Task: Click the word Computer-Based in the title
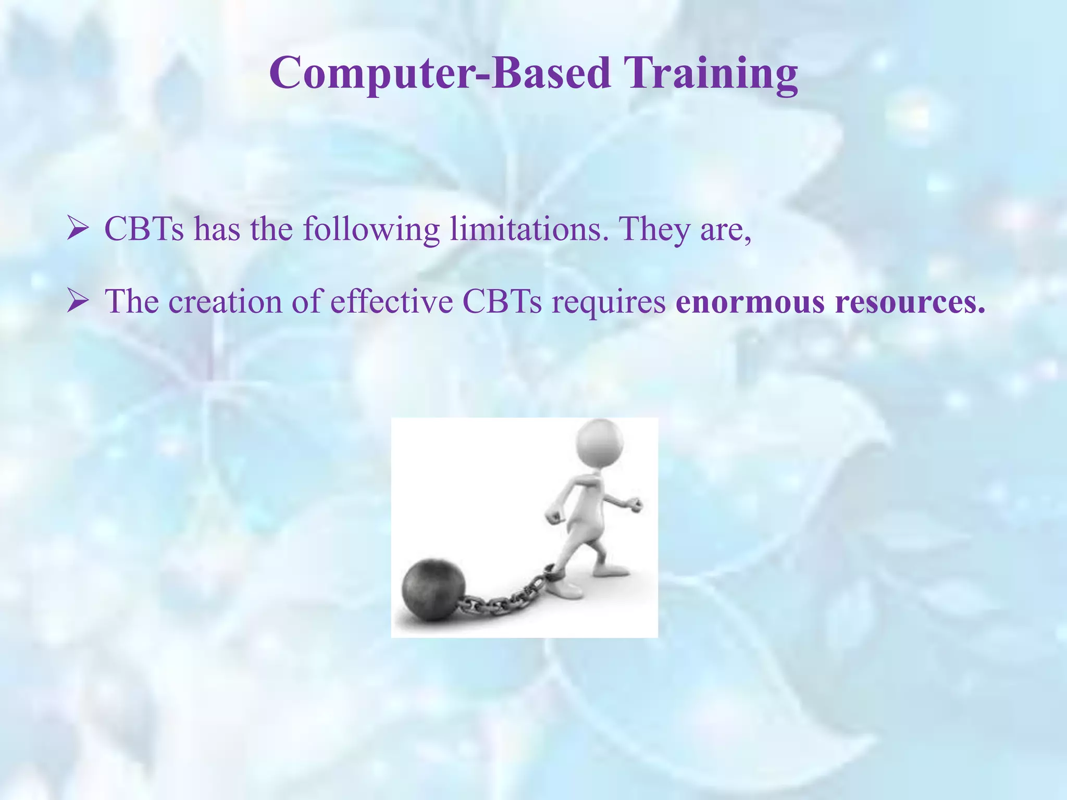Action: pyautogui.click(x=440, y=73)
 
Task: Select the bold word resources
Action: pyautogui.click(x=910, y=303)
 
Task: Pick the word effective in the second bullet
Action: pyautogui.click(x=391, y=302)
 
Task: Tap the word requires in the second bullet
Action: pyautogui.click(x=608, y=303)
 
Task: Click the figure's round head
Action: pyautogui.click(x=600, y=443)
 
